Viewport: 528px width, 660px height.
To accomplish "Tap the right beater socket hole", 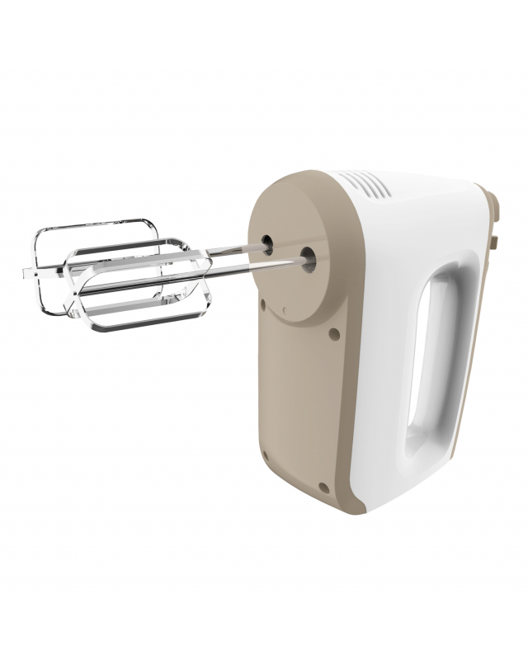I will pyautogui.click(x=309, y=256).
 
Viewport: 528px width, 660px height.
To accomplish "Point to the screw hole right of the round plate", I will pyautogui.click(x=333, y=334).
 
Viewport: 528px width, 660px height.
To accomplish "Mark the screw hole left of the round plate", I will pyautogui.click(x=263, y=304).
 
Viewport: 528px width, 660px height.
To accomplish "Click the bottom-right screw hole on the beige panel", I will pyautogui.click(x=325, y=488).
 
